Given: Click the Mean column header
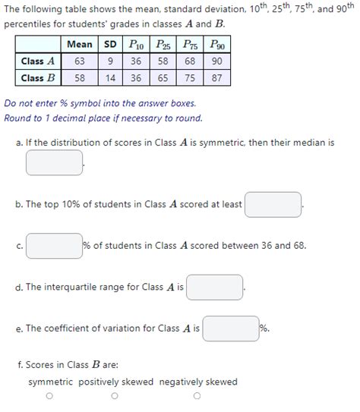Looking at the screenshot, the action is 80,45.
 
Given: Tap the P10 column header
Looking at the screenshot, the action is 136,45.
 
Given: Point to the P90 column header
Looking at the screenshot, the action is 217,45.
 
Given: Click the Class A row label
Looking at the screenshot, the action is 38,61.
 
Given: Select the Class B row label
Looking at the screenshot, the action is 38,77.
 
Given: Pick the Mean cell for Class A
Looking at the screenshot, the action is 80,61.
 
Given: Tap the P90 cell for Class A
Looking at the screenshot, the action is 217,61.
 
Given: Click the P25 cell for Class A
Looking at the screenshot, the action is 163,61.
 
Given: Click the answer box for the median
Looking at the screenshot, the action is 54,162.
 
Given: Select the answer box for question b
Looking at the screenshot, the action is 273,204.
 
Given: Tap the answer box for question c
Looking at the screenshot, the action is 54,246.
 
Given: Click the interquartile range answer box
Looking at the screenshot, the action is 215,288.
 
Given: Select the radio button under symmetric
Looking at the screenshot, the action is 49,396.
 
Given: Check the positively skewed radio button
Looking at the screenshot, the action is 115,396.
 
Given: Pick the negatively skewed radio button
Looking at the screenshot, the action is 197,396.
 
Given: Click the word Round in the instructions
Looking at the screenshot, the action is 17,118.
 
